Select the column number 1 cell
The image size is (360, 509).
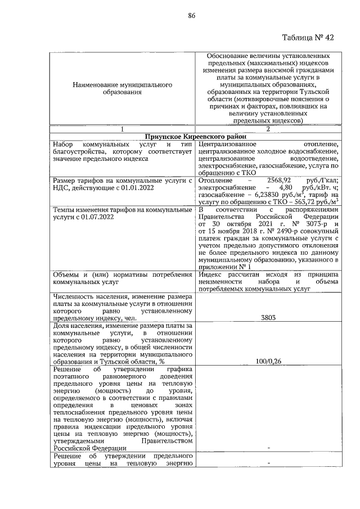121,129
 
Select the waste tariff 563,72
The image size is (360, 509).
304,204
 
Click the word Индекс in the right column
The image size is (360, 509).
211,274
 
